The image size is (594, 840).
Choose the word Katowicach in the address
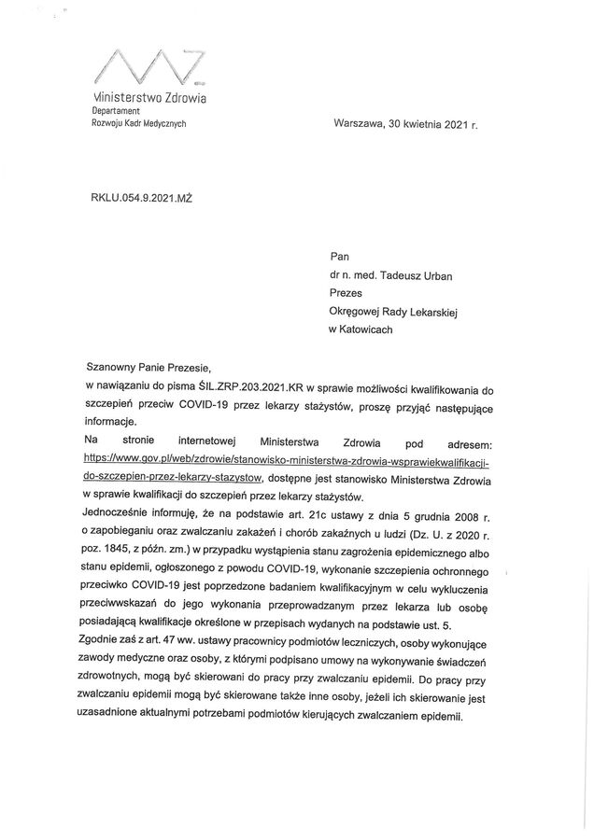point(366,329)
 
